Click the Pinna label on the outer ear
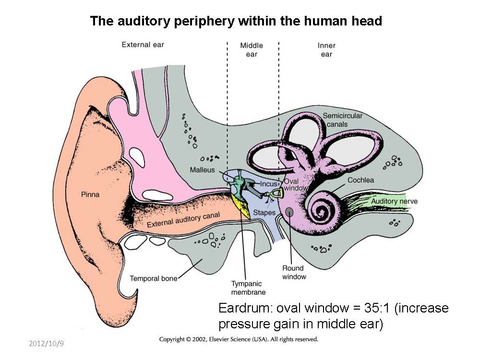pos(90,195)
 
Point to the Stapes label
pos(264,212)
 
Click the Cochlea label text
pos(361,180)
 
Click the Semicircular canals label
pos(342,120)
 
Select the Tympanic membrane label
pos(248,288)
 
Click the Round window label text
pos(294,273)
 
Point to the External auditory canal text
pos(183,220)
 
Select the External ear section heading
pos(143,45)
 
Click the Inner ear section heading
pos(326,50)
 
